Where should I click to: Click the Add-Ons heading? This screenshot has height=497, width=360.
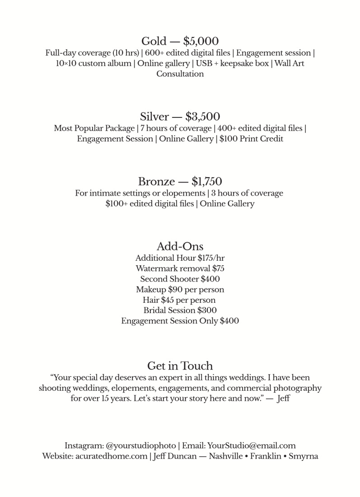click(x=180, y=246)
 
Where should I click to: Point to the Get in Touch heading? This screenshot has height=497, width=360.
click(x=180, y=365)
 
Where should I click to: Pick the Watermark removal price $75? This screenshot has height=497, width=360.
click(x=218, y=268)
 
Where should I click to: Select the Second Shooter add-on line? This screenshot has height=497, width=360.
click(x=180, y=279)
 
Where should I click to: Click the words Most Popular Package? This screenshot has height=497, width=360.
click(x=86, y=128)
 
